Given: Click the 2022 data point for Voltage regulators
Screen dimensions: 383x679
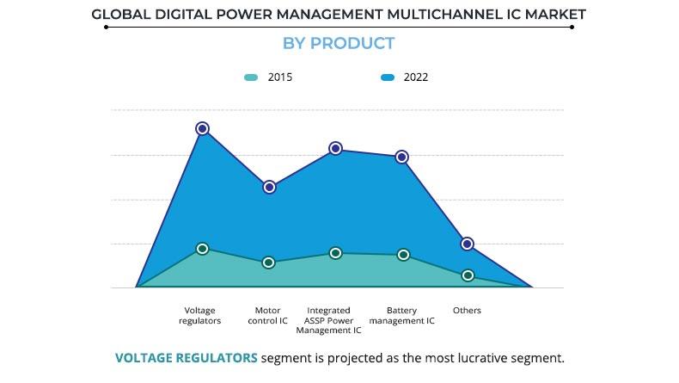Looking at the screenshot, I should point(202,128).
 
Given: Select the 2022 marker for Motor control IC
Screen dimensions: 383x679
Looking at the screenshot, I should point(269,187).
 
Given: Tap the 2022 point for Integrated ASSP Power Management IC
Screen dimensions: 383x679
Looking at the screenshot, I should point(335,148).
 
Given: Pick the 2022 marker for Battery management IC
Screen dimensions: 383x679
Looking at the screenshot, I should point(401,157).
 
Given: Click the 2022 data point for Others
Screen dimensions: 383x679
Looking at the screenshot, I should point(468,244).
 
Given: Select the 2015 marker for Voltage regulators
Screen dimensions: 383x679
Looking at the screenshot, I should point(202,249).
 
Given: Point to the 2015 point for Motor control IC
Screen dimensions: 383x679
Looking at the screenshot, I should point(269,263).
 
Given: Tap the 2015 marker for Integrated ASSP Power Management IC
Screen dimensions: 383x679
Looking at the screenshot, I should point(335,253).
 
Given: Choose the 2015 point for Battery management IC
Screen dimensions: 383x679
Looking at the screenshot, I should point(401,255).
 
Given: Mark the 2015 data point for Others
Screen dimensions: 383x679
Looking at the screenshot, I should point(468,275).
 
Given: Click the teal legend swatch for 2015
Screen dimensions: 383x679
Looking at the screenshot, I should point(251,77).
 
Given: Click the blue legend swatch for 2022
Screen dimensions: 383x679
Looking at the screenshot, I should point(388,77).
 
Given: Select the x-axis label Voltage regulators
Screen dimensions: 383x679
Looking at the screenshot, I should point(200,315).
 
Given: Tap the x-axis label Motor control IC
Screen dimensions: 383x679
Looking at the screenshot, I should point(267,315).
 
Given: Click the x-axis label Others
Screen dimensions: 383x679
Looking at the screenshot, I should point(467,310).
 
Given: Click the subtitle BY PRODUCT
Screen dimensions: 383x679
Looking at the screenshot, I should point(339,44).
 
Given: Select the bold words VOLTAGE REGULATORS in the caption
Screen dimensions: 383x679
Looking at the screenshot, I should point(186,357).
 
